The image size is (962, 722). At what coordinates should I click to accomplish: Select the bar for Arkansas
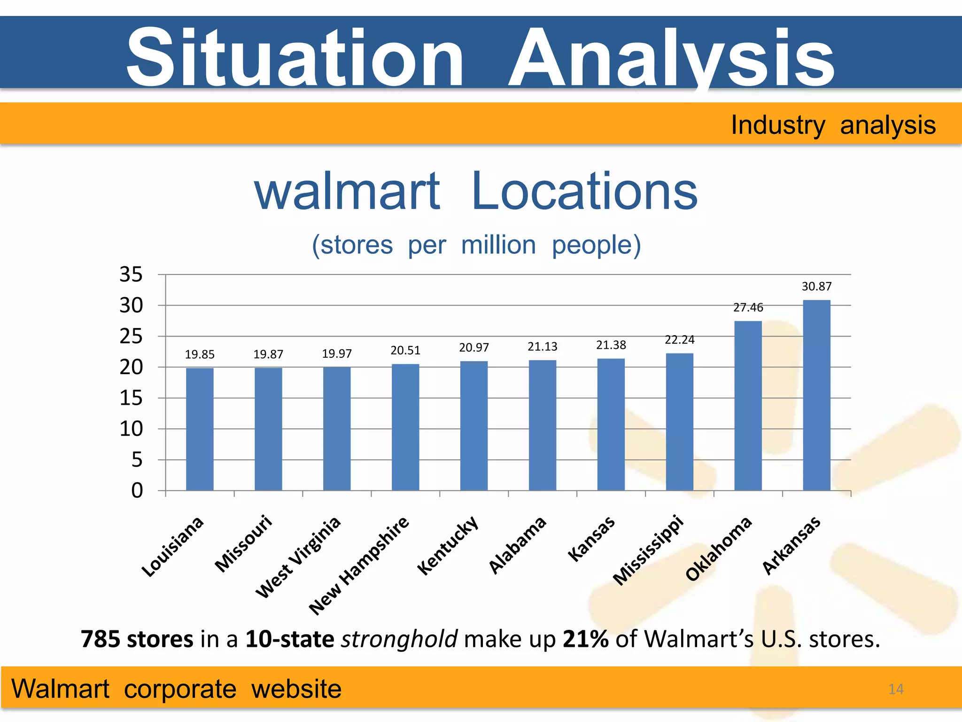[816, 395]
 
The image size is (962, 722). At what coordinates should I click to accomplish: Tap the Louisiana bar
[200, 429]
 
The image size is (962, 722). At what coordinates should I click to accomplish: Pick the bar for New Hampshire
[405, 427]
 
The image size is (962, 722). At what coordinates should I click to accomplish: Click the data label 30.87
[816, 286]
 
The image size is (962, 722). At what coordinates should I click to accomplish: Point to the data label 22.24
[679, 339]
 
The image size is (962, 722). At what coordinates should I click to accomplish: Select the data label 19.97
[337, 353]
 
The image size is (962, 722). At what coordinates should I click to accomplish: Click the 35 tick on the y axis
[131, 275]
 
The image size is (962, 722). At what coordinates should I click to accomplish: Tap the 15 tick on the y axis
[131, 398]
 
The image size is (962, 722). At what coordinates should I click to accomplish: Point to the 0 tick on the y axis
[137, 491]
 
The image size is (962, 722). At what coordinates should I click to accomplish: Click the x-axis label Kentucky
[448, 545]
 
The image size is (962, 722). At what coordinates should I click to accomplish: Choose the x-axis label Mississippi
[648, 550]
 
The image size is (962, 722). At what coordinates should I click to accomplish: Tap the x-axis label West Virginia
[298, 557]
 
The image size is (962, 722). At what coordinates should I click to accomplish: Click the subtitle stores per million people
[476, 245]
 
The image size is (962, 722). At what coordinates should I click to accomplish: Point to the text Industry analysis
[833, 125]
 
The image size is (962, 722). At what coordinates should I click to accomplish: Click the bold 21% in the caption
[585, 639]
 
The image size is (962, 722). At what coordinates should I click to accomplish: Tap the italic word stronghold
[399, 639]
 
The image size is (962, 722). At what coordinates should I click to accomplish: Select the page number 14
[895, 689]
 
